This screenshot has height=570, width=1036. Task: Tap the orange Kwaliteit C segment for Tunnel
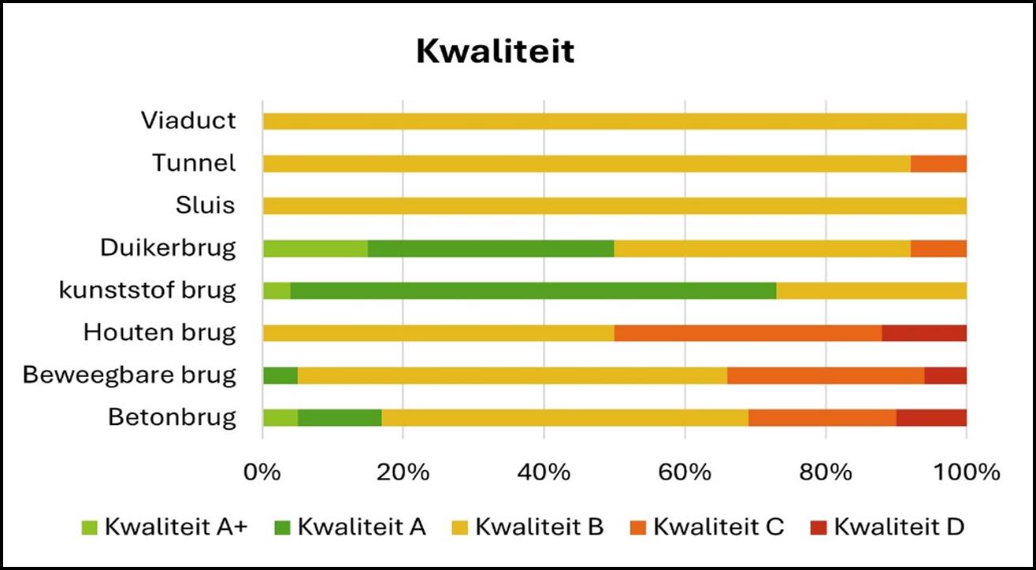[938, 164]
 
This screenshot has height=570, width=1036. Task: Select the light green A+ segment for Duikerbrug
[315, 248]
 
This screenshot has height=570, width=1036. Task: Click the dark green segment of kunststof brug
[533, 291]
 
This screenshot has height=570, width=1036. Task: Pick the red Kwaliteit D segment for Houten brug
[924, 333]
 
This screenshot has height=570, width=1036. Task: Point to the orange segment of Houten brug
[748, 333]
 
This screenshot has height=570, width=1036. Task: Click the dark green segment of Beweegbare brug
[280, 376]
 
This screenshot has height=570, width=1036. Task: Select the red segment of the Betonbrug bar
[931, 417]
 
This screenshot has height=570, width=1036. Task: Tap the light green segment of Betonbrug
[280, 417]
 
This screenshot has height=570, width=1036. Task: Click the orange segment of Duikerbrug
[938, 248]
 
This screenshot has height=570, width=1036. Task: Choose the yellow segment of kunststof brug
[871, 291]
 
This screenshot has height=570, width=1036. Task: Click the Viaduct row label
[188, 120]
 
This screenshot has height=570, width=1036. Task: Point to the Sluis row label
[205, 205]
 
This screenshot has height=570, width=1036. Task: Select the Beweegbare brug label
[129, 375]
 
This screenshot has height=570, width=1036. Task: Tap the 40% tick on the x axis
[544, 473]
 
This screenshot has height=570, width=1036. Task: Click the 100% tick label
[966, 473]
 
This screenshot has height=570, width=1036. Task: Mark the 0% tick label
[262, 473]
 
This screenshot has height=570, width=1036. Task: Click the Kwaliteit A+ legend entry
[165, 527]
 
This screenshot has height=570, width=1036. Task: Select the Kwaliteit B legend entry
[529, 527]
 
